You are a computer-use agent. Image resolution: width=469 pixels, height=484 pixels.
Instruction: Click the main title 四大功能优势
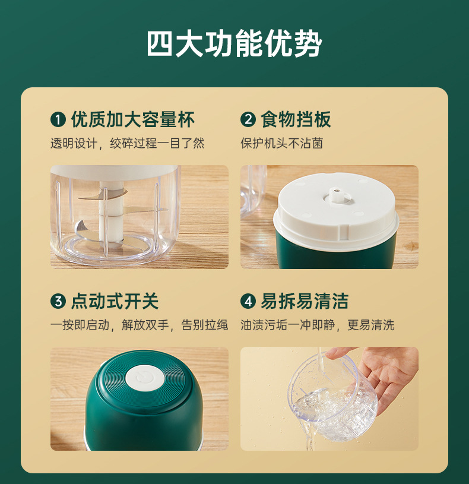(x=235, y=44)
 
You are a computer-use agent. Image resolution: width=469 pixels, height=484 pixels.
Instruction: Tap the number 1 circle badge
(x=58, y=120)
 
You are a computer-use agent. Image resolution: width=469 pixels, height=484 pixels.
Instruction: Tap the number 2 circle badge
(x=248, y=120)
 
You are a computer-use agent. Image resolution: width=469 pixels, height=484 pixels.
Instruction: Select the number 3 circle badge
(x=58, y=301)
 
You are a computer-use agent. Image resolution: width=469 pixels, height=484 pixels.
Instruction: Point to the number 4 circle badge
(x=248, y=301)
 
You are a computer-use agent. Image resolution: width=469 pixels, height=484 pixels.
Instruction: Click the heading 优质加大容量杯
(x=132, y=120)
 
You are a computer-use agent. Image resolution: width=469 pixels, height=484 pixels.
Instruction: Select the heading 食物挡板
(x=296, y=120)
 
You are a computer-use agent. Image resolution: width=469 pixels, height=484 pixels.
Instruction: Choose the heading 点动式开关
(x=115, y=301)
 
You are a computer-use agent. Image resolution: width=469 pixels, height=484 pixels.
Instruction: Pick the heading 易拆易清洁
(x=305, y=301)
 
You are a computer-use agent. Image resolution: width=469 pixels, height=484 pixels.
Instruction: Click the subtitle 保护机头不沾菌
(x=281, y=144)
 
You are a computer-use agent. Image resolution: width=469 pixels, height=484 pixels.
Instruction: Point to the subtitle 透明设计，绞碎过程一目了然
(x=127, y=144)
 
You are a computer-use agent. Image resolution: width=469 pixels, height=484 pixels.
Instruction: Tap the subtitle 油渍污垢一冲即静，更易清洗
(x=317, y=325)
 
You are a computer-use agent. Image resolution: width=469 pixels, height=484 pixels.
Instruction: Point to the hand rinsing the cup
(x=386, y=374)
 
